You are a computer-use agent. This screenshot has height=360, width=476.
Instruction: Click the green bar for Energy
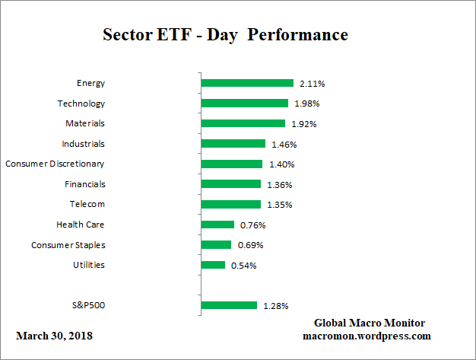click(247, 83)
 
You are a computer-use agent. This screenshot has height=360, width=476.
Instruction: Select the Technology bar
click(245, 104)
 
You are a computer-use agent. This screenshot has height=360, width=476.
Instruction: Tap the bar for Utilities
click(214, 265)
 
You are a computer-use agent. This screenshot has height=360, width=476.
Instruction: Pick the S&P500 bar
click(229, 305)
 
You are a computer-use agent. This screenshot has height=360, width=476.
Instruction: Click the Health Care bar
click(218, 225)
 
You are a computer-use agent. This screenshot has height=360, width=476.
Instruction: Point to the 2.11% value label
click(312, 84)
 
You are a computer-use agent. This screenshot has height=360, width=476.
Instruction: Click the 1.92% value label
click(303, 124)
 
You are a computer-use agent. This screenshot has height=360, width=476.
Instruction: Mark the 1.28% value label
click(275, 306)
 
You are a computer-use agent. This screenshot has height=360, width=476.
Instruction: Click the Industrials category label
click(83, 144)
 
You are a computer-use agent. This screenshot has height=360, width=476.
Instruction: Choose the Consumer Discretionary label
click(55, 164)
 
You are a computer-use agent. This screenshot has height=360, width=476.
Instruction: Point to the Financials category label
click(84, 184)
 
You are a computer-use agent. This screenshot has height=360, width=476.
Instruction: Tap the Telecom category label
click(87, 204)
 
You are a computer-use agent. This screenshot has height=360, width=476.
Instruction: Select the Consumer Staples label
click(68, 245)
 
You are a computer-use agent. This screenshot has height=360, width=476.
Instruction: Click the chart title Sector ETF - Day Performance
click(225, 35)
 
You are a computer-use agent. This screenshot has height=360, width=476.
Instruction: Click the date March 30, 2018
click(54, 336)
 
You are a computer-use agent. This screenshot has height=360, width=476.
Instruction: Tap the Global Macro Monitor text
click(369, 323)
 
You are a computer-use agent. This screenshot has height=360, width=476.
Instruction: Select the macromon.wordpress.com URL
click(367, 336)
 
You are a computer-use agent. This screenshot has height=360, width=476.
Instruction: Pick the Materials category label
click(85, 123)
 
